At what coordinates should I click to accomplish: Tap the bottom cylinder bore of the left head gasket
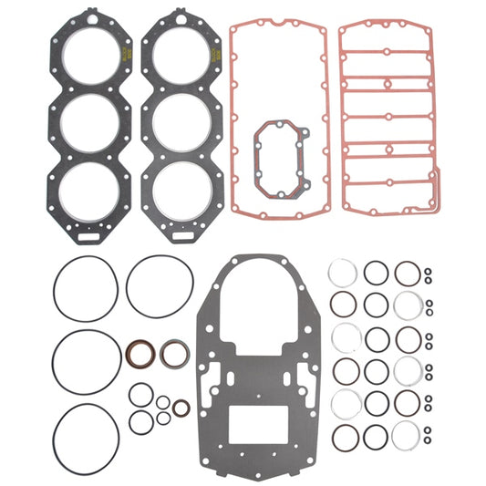point(88,189)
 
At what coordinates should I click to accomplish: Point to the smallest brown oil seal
point(181,408)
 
